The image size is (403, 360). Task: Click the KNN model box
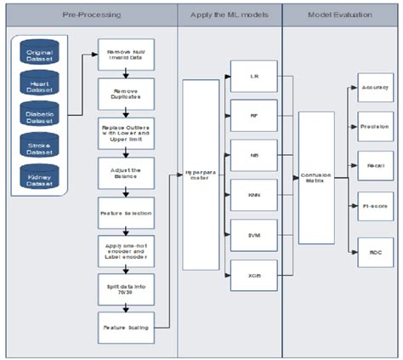pyautogui.click(x=253, y=194)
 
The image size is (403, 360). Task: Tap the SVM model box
pyautogui.click(x=253, y=235)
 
